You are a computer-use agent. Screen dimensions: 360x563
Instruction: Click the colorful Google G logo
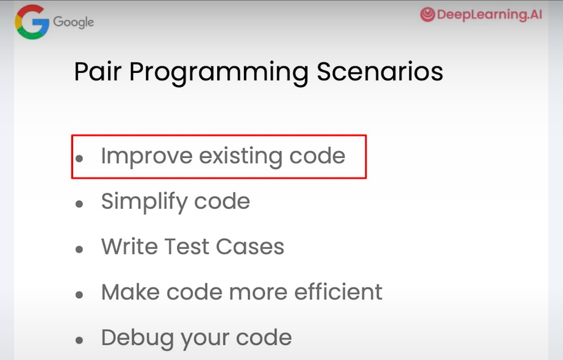pyautogui.click(x=32, y=22)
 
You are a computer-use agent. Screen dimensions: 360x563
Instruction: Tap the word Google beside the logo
pyautogui.click(x=73, y=22)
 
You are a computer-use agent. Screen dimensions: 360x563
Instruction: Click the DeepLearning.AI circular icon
pyautogui.click(x=427, y=15)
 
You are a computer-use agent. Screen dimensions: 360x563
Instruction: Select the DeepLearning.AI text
pyautogui.click(x=489, y=15)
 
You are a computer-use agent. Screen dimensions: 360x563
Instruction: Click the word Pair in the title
pyautogui.click(x=97, y=72)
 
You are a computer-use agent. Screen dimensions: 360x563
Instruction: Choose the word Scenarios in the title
pyautogui.click(x=380, y=72)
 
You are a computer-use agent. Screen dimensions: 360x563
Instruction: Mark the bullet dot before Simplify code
pyautogui.click(x=79, y=204)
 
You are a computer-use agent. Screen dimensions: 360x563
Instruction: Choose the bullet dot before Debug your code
pyautogui.click(x=79, y=340)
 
